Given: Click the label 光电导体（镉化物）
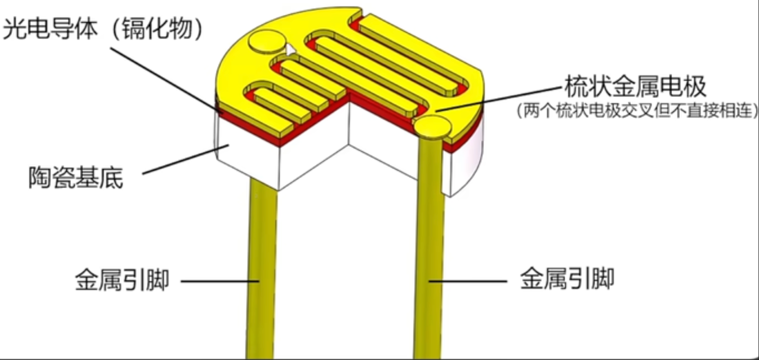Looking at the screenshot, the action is pyautogui.click(x=104, y=30).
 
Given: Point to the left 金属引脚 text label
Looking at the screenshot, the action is pyautogui.click(x=122, y=280).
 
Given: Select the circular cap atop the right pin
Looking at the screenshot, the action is pyautogui.click(x=432, y=126).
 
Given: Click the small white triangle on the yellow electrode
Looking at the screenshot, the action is pyautogui.click(x=290, y=49).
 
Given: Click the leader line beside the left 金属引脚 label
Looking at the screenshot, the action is pyautogui.click(x=218, y=282).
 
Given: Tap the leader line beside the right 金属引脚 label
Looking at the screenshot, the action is pyautogui.click(x=470, y=282).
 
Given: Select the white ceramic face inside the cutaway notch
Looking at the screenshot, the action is pyautogui.click(x=381, y=143).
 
